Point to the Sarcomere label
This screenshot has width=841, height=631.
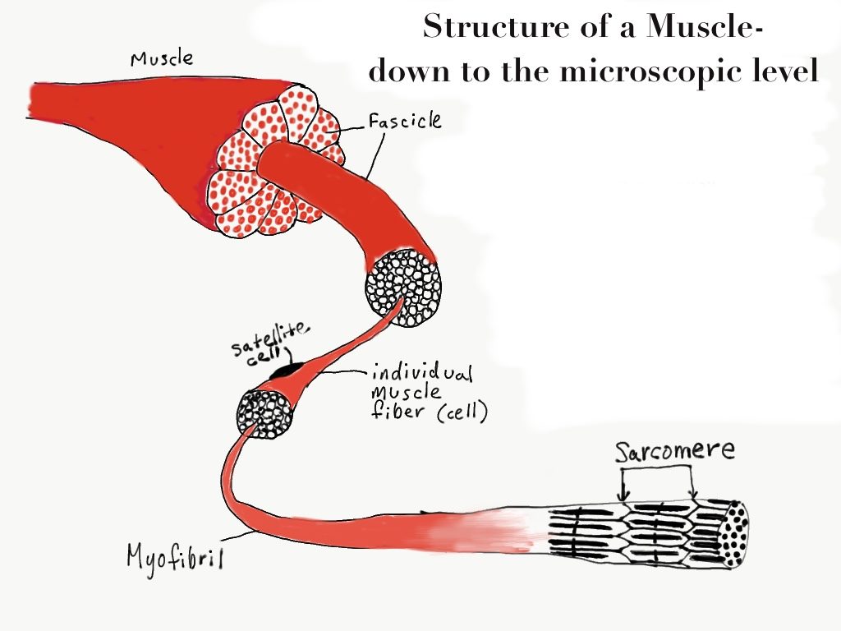(x=676, y=453)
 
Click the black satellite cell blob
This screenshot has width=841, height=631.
(x=286, y=372)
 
